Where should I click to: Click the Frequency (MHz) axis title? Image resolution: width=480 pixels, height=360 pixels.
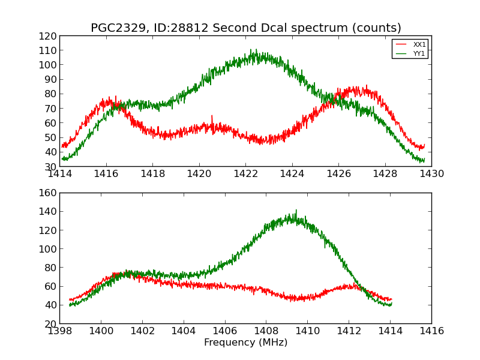click(245, 343)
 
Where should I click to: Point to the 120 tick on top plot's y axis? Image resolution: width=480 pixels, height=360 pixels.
click(47, 36)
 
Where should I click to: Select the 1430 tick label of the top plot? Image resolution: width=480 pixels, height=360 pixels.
click(431, 174)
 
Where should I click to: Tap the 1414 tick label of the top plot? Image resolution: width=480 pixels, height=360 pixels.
click(59, 174)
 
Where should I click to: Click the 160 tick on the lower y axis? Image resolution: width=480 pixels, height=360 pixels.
click(47, 193)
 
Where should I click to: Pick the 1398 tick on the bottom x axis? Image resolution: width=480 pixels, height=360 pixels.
click(59, 331)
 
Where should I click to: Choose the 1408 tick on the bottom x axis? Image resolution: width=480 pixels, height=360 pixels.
click(266, 331)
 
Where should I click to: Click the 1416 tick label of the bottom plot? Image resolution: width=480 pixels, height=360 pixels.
click(431, 331)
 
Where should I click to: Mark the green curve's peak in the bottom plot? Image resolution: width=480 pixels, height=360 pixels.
click(296, 211)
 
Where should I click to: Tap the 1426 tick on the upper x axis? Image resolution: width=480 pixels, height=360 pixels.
click(338, 174)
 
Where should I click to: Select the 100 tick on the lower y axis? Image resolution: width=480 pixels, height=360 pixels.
click(47, 249)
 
